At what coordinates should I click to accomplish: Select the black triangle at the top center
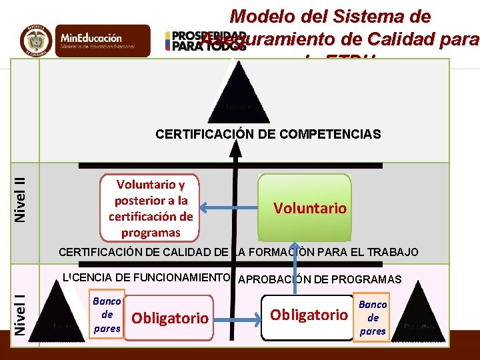238,94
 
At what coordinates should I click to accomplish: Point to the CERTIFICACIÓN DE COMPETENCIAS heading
268,134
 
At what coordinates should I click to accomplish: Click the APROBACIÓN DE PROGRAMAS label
319,279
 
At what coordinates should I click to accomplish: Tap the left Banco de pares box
107,315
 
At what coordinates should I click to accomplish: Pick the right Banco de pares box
373,317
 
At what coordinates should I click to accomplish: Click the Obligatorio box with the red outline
171,318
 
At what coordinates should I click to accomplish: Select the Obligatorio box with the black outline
307,315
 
